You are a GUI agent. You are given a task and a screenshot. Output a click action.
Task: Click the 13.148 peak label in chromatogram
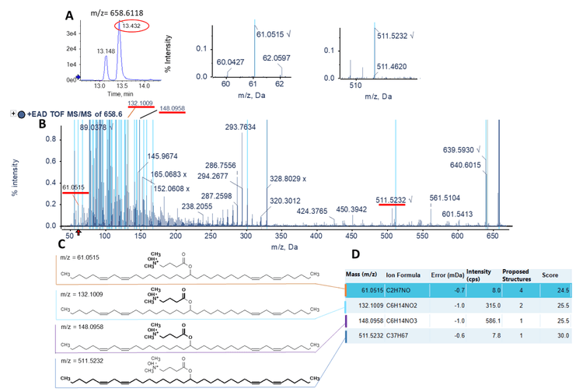pyautogui.click(x=110, y=51)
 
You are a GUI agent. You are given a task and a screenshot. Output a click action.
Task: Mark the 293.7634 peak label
pyautogui.click(x=241, y=127)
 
